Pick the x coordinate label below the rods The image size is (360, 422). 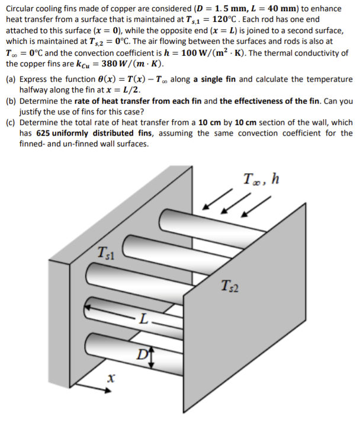click(111, 376)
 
